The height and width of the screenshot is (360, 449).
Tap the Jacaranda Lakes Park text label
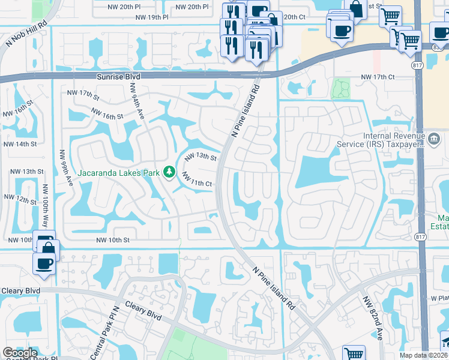pyautogui.click(x=118, y=173)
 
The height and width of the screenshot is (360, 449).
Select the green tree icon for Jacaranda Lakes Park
pyautogui.click(x=169, y=173)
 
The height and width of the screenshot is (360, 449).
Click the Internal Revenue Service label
pyautogui.click(x=393, y=140)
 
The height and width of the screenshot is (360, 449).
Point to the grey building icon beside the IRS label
pyautogui.click(x=432, y=139)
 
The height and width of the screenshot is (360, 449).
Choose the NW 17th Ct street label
pyautogui.click(x=377, y=77)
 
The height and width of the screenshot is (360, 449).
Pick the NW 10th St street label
pyautogui.click(x=113, y=240)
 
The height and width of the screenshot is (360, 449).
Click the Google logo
pyautogui.click(x=20, y=353)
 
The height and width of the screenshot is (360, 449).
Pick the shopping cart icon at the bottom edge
pyautogui.click(x=354, y=354)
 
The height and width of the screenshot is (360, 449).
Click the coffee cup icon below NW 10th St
pyautogui.click(x=44, y=263)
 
